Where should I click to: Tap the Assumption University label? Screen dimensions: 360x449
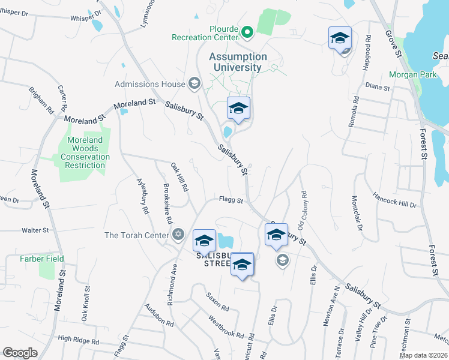pos(238,62)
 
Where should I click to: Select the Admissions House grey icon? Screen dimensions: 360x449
pos(194,83)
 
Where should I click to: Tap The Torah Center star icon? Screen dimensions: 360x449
pos(178,235)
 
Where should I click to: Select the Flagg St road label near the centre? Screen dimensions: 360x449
pos(231,200)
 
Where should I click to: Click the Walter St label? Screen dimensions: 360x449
pos(35,230)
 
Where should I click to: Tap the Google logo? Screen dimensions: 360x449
pos(20,352)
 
